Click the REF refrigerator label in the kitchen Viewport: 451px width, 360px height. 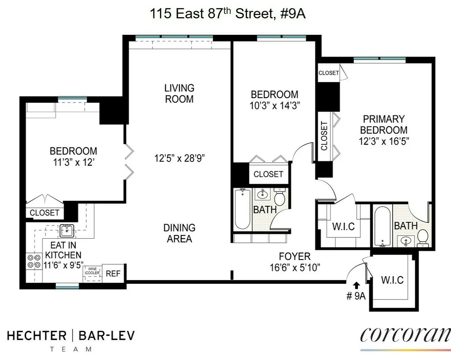pyautogui.click(x=113, y=274)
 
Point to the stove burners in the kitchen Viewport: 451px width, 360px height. pyautogui.click(x=34, y=261)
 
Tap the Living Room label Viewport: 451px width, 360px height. pyautogui.click(x=179, y=94)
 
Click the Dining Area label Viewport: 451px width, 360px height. pyautogui.click(x=179, y=233)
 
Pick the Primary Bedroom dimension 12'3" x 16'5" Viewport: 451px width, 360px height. pyautogui.click(x=383, y=142)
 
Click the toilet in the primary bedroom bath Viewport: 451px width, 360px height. pyautogui.click(x=423, y=238)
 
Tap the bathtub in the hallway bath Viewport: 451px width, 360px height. pyautogui.click(x=242, y=209)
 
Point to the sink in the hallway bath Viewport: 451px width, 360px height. pyautogui.click(x=262, y=195)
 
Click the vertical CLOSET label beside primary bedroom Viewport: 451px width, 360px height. pyautogui.click(x=324, y=136)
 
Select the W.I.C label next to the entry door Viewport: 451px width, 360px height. pyautogui.click(x=392, y=280)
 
